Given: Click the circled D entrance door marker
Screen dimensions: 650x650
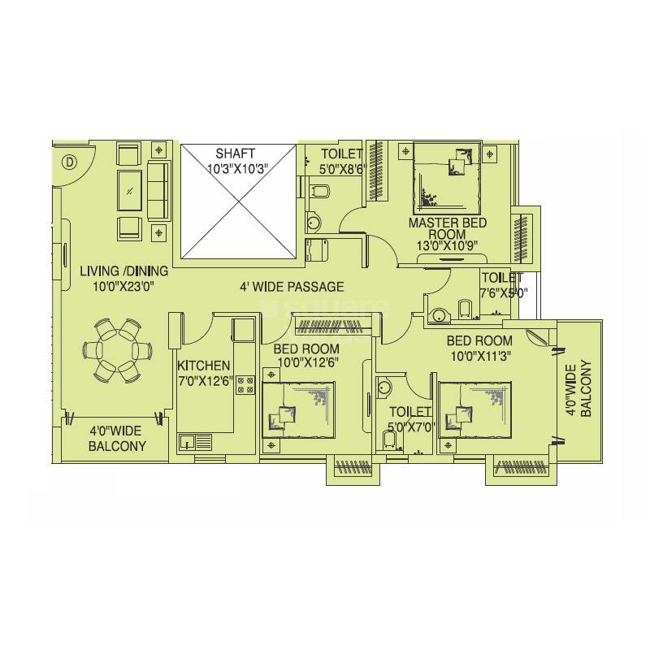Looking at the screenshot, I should [69, 162].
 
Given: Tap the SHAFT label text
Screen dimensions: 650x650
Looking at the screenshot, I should [236, 153].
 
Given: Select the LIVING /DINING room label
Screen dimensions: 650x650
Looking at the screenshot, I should [124, 271].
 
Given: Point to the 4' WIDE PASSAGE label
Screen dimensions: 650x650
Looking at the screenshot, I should [292, 287].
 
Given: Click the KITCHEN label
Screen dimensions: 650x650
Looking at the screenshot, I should [204, 366].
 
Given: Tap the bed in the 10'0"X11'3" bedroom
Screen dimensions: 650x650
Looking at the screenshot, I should [475, 411].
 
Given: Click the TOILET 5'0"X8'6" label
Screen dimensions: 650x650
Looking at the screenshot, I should [340, 160].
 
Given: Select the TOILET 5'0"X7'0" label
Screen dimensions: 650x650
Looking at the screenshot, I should [409, 418].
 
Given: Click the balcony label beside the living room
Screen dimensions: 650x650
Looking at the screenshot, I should [119, 439].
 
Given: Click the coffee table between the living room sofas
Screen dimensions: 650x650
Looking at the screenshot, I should [130, 191].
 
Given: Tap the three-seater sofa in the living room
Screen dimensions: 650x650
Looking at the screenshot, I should [158, 191].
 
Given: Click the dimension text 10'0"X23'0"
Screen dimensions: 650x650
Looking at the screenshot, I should [124, 286].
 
